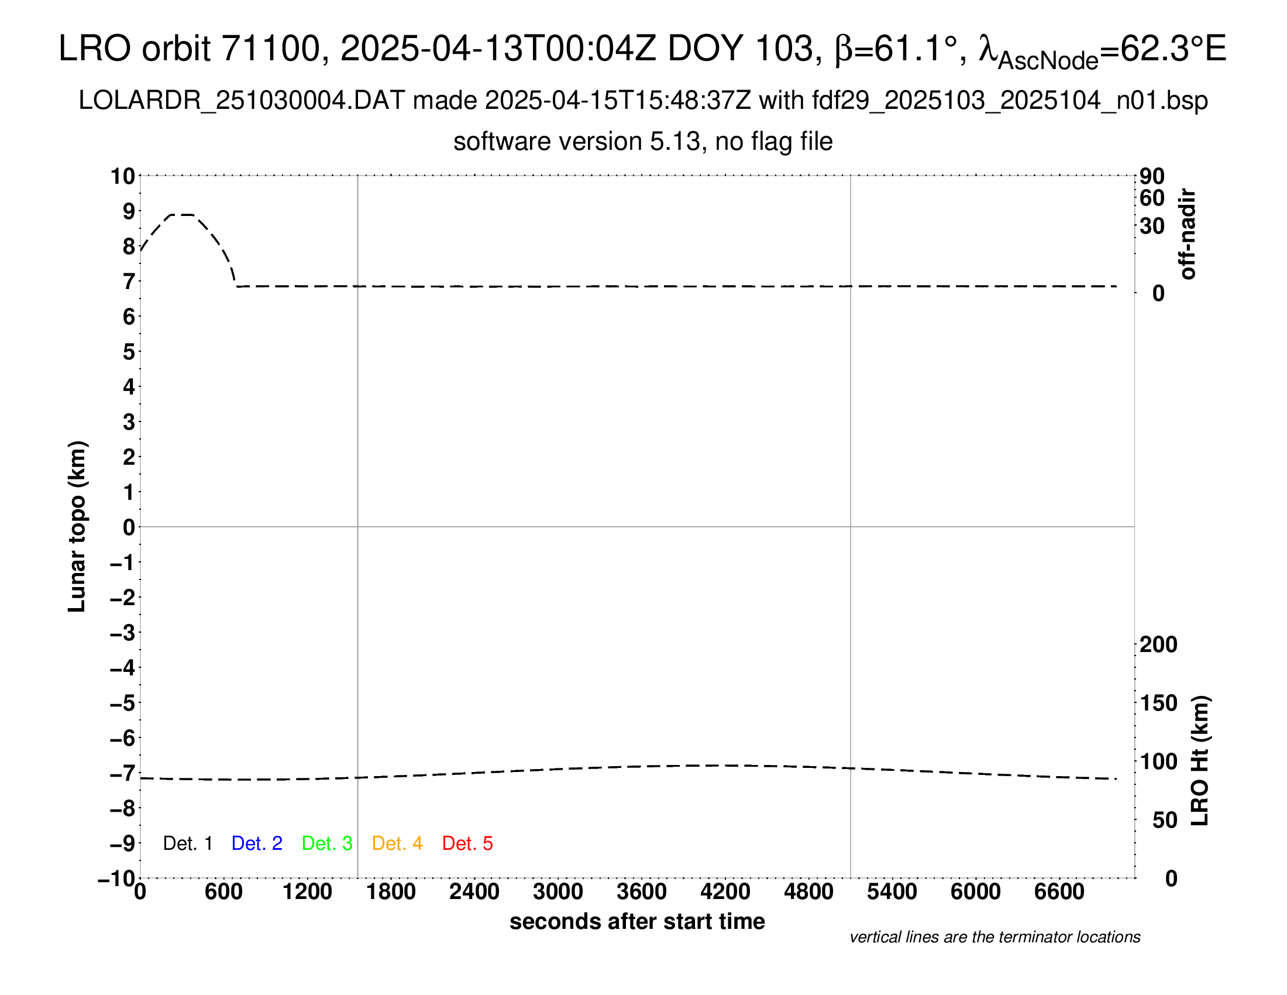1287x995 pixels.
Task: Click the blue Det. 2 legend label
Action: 257,843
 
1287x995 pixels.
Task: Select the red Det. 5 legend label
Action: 467,843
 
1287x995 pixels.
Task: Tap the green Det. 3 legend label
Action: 327,843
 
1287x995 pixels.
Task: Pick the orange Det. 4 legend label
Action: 397,843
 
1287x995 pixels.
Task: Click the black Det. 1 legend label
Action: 187,843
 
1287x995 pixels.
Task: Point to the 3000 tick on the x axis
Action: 558,892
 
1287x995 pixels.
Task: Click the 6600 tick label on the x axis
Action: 1059,892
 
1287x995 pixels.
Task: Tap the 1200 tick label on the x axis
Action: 307,892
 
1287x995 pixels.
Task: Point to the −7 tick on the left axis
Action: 123,773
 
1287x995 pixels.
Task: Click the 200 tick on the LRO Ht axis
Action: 1158,644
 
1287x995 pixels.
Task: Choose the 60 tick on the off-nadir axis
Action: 1152,198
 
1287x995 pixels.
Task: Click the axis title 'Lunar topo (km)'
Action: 77,526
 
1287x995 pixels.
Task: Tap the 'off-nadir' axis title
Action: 1188,234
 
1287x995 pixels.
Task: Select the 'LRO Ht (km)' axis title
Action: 1200,761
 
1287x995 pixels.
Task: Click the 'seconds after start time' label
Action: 637,921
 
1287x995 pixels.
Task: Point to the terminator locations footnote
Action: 994,937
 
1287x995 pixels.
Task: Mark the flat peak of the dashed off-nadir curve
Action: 181,215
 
